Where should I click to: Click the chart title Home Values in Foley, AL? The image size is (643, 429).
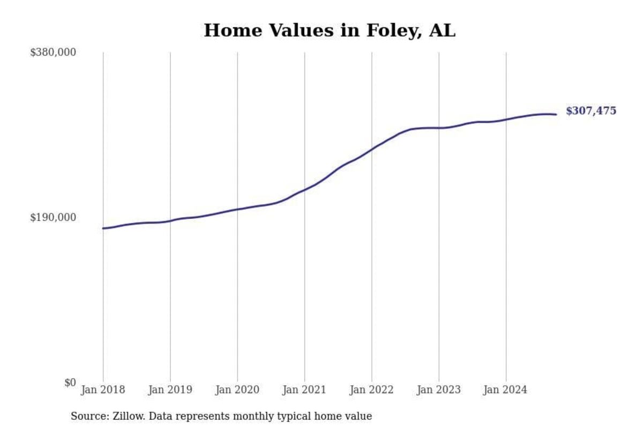[329, 30]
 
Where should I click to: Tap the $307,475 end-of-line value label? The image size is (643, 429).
[591, 111]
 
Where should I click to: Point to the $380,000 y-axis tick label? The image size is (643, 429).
[53, 52]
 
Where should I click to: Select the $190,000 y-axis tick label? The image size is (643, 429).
[53, 217]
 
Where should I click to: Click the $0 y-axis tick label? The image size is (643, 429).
[70, 382]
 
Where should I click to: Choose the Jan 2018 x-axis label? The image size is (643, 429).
[103, 390]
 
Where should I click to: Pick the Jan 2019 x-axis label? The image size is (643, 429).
[170, 390]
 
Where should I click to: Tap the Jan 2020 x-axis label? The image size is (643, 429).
[237, 390]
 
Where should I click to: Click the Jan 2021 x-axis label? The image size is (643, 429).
[304, 390]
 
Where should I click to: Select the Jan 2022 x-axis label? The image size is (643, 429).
[371, 390]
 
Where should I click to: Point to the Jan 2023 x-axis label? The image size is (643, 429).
[439, 390]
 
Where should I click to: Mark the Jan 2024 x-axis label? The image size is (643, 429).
[506, 390]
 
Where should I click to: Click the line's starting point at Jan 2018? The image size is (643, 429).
[103, 228]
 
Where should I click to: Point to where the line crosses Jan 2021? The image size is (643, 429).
[304, 190]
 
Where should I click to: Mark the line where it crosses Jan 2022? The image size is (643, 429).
[371, 149]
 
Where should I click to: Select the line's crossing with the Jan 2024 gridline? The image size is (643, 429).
[506, 120]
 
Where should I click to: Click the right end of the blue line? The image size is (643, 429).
[556, 114]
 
